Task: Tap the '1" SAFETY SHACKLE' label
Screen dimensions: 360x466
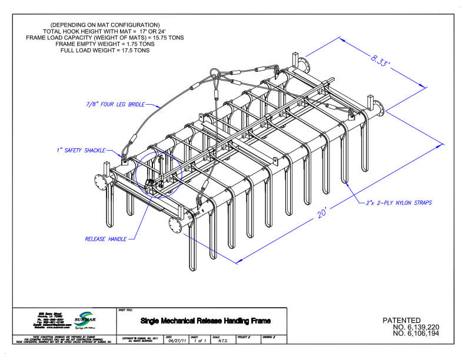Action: tap(82, 150)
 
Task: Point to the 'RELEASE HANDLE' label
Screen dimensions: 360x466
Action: tap(105, 240)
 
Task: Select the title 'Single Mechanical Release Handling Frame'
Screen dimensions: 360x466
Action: tap(205, 321)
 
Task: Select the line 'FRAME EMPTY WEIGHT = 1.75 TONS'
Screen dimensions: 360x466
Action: tap(105, 44)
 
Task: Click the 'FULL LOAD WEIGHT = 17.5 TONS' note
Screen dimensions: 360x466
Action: tap(105, 50)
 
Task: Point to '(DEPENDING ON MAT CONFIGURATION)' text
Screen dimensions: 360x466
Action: tap(105, 24)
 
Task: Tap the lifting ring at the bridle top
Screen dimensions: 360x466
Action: tap(216, 73)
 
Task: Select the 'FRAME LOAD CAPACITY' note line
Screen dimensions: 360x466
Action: tap(105, 37)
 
